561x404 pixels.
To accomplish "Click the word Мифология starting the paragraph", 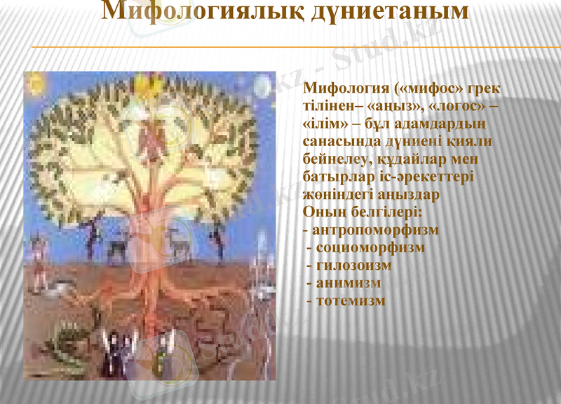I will click(x=345, y=91).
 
